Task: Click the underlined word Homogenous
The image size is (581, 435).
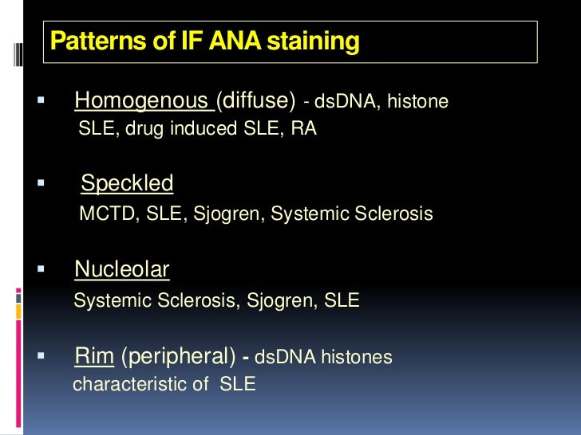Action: pos(140,101)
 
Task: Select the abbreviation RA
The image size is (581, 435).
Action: pos(303,128)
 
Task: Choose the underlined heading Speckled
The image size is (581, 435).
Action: pos(127,184)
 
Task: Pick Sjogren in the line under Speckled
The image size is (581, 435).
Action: pos(227,214)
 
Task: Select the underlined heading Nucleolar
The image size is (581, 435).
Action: pos(122,270)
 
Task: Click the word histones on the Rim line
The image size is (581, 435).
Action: pos(357,358)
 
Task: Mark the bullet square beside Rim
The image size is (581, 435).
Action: pos(41,356)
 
